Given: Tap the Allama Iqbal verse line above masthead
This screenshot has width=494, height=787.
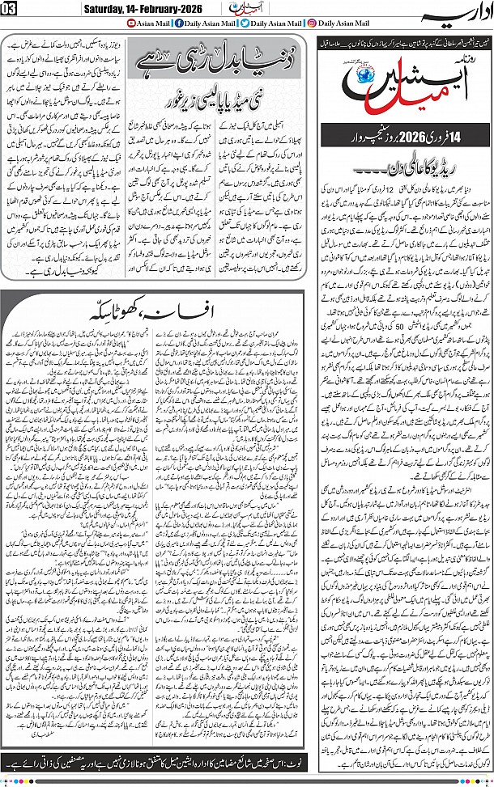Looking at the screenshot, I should (400, 39).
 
